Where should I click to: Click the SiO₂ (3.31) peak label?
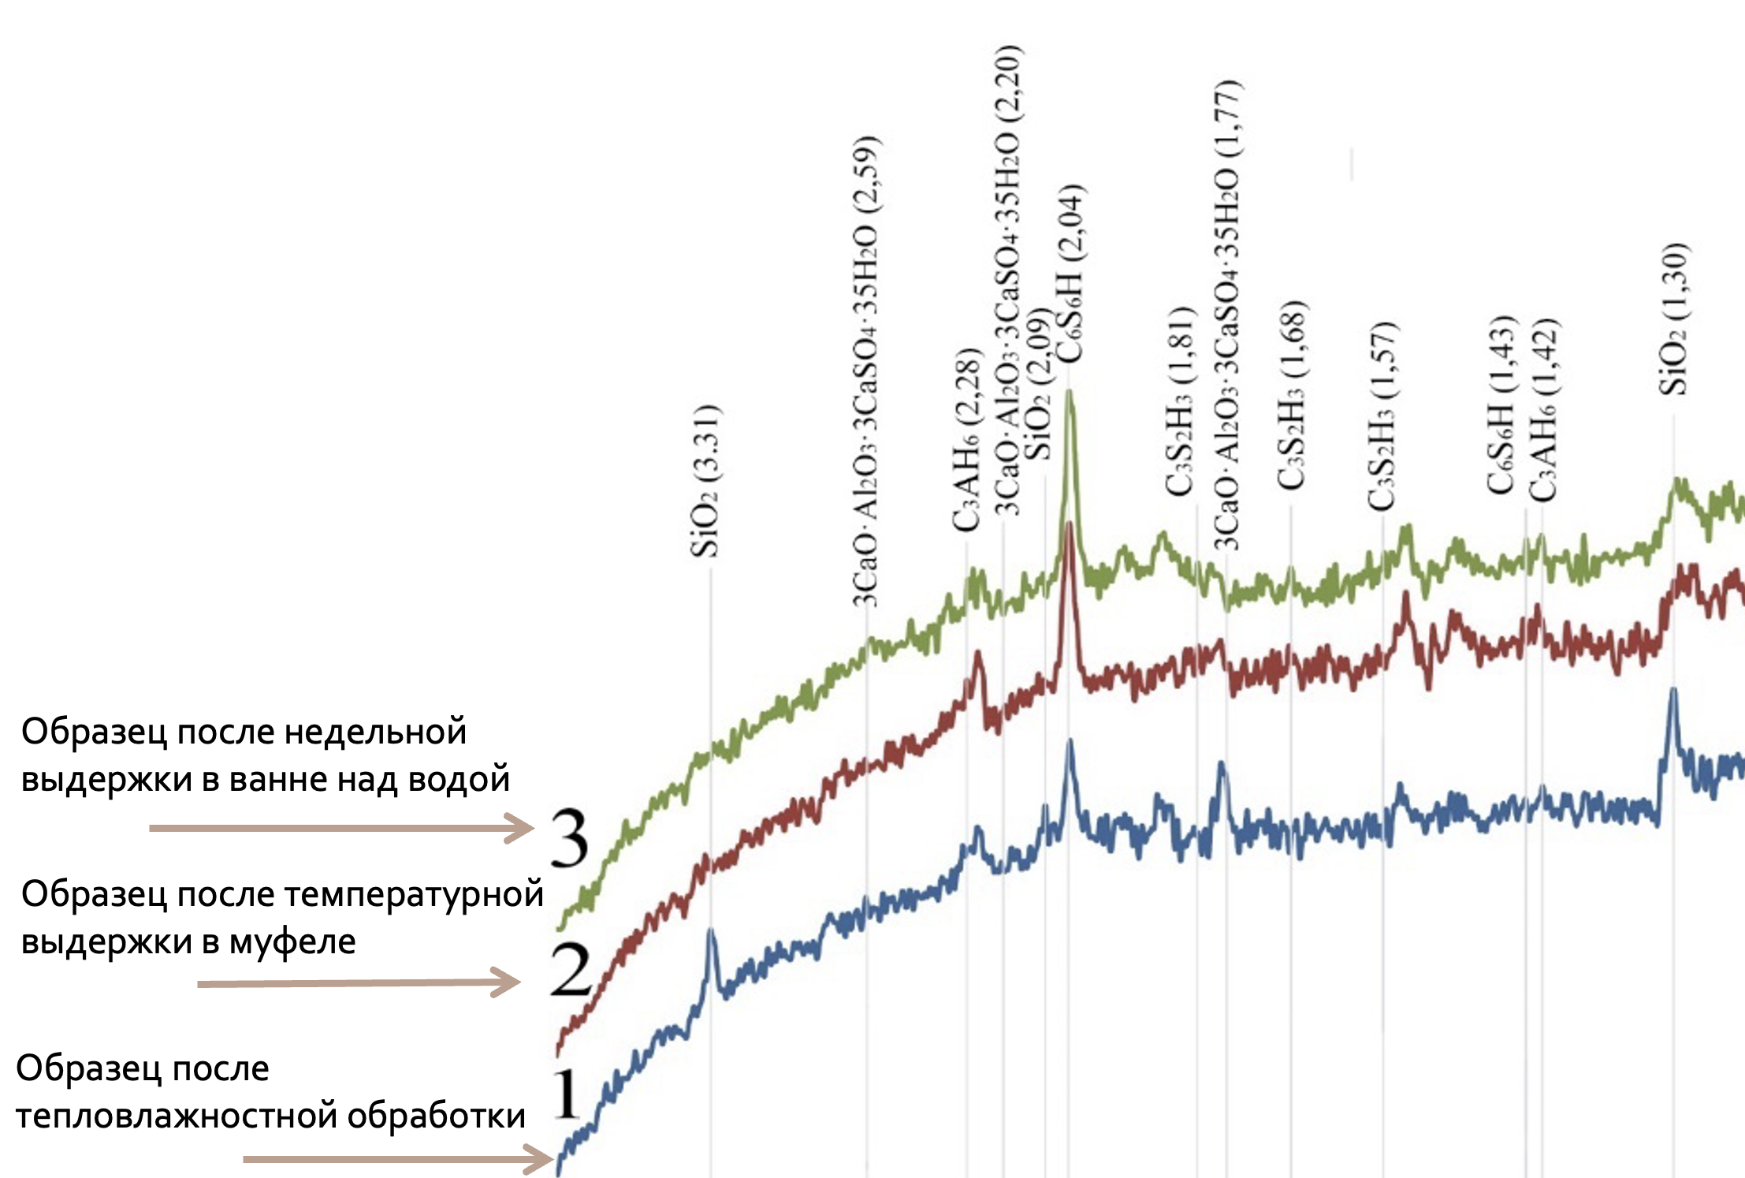tap(706, 481)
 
